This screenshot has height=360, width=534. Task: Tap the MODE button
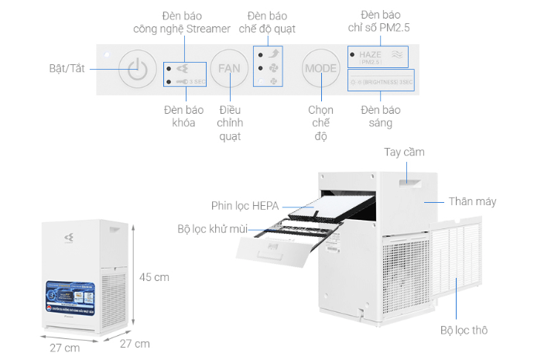pos(320,68)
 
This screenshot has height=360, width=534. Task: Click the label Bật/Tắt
pos(66,67)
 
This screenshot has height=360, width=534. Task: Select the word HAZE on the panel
pos(370,55)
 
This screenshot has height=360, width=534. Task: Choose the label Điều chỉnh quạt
pos(230,123)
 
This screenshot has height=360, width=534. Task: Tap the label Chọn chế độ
pos(320,123)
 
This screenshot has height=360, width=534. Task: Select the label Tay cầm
pos(404,152)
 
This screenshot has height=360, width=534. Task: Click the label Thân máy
pos(472,201)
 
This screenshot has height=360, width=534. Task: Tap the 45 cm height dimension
pos(154,276)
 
